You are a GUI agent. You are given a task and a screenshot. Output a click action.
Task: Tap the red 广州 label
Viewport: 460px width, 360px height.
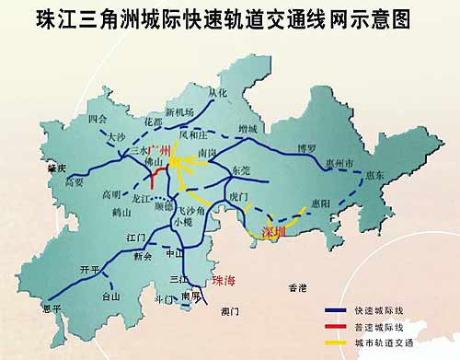pyautogui.click(x=161, y=149)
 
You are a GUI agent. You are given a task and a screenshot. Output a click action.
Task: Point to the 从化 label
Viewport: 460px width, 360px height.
pyautogui.click(x=217, y=93)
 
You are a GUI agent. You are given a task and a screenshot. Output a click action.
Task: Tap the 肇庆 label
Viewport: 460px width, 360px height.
pyautogui.click(x=57, y=168)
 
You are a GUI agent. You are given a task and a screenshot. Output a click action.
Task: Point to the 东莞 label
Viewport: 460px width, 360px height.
pyautogui.click(x=241, y=171)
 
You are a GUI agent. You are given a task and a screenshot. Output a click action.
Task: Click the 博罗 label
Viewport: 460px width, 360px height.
pyautogui.click(x=305, y=147)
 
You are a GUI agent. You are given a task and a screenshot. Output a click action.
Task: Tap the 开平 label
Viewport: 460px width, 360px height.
pyautogui.click(x=89, y=269)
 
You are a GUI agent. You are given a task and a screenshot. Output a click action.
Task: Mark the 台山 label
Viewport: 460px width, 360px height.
pyautogui.click(x=110, y=297)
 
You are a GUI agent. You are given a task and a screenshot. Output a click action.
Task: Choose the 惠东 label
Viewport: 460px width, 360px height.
pyautogui.click(x=374, y=175)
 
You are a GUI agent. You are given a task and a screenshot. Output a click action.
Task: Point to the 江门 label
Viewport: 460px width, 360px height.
pyautogui.click(x=134, y=237)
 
